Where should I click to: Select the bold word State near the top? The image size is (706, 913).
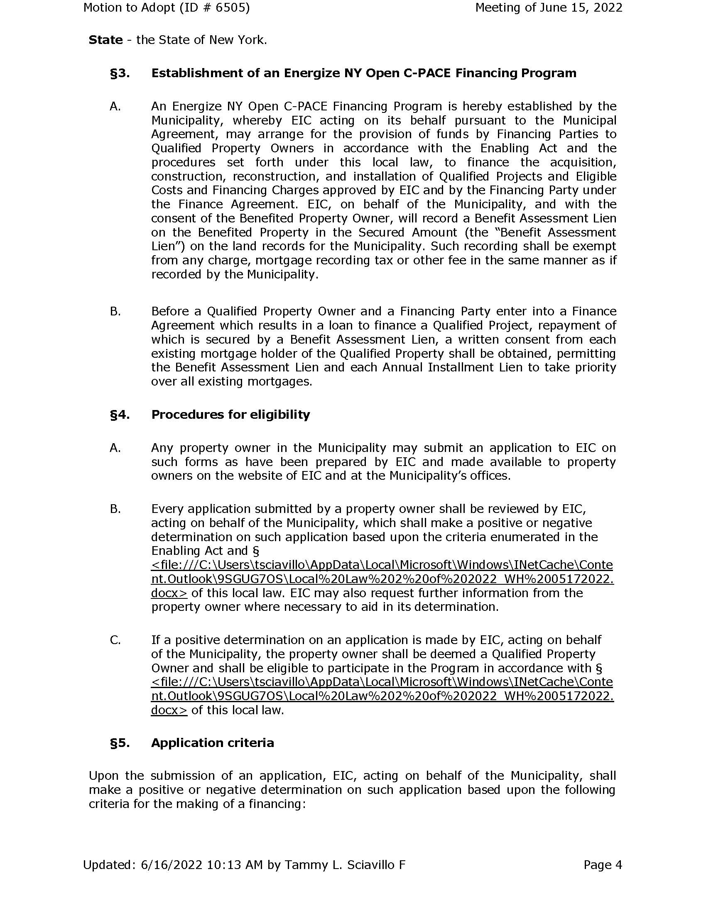[106, 40]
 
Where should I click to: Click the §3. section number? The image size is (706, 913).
[120, 73]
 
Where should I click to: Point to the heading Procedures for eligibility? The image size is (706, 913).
[230, 415]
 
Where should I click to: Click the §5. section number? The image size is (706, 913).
[120, 743]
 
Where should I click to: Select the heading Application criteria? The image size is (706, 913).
[213, 743]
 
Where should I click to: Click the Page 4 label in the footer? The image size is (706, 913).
[603, 864]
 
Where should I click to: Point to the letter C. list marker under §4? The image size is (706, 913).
[115, 640]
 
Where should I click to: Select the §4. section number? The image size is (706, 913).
[120, 415]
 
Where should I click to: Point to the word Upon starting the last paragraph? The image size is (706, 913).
[103, 776]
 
